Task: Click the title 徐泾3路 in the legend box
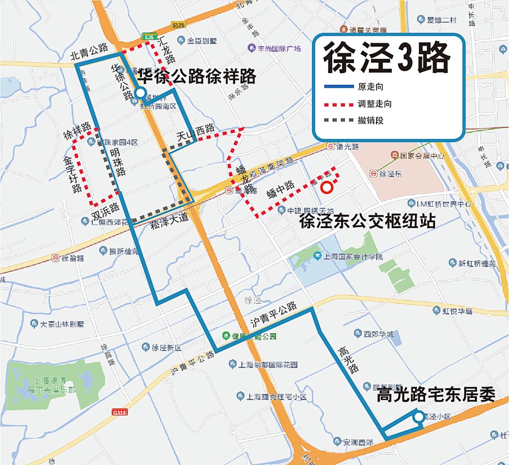387,58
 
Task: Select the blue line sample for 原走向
338,87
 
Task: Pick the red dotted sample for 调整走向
338,104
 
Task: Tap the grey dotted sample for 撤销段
338,120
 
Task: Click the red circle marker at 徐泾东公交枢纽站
327,188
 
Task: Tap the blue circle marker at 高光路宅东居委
418,417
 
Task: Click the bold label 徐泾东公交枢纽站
367,221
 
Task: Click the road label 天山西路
196,133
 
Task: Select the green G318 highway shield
120,412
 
